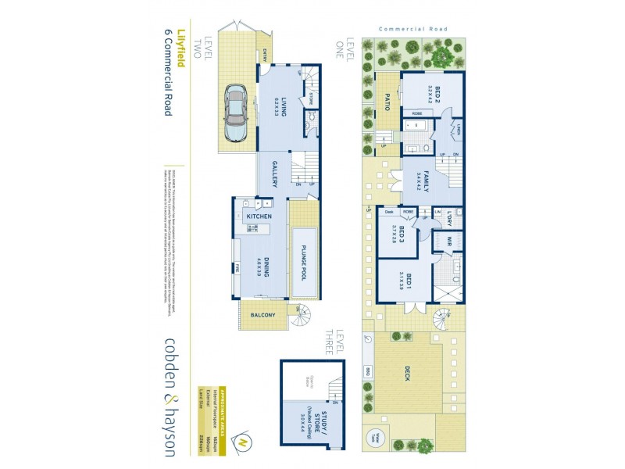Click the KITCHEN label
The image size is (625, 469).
coord(259,216)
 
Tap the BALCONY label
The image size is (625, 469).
coord(262,317)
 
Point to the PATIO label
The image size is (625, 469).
coord(386,102)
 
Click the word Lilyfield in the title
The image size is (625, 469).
coord(181,48)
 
